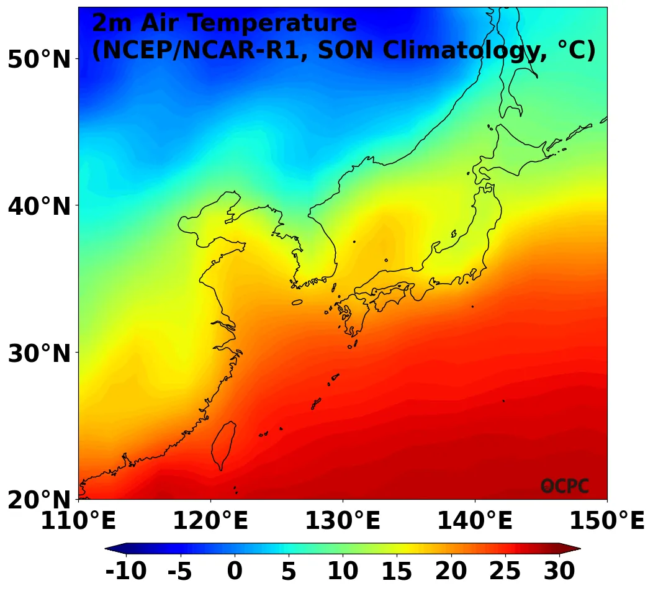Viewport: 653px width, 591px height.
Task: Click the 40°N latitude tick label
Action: click(39, 206)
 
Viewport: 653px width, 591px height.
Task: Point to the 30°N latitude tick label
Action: click(39, 353)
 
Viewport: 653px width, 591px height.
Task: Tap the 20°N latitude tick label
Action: click(39, 500)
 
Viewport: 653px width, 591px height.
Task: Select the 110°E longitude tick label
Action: click(78, 521)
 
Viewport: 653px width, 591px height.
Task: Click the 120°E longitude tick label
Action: click(210, 521)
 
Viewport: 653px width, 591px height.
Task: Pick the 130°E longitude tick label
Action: click(343, 521)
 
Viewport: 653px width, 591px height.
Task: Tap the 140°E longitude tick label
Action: click(475, 521)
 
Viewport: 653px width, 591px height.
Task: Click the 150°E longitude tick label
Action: click(607, 521)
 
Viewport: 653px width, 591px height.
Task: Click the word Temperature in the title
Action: click(273, 24)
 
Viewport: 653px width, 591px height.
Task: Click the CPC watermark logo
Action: click(564, 486)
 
